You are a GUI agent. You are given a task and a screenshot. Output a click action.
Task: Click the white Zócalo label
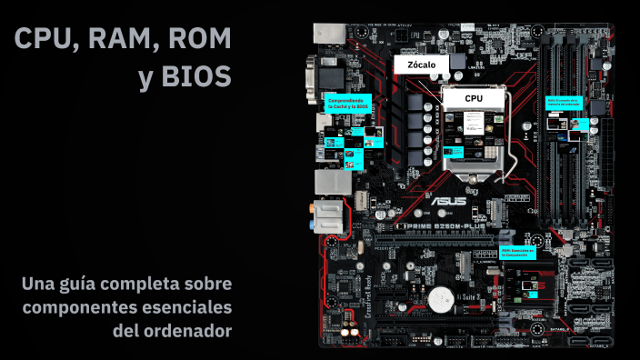(x=422, y=65)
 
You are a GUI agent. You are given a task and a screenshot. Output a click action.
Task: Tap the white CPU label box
(x=474, y=97)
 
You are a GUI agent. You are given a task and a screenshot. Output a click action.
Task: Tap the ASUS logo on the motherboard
(x=449, y=202)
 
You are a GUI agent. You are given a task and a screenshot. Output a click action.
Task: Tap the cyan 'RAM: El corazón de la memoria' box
(x=563, y=102)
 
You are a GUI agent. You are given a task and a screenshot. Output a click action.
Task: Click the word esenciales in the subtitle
(x=187, y=307)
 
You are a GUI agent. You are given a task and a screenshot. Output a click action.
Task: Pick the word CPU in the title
(x=45, y=39)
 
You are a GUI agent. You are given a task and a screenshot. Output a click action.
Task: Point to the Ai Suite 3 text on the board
(x=471, y=296)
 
